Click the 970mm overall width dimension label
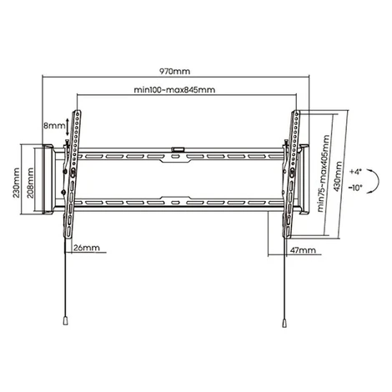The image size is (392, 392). (174, 71)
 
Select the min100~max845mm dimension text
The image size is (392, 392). (174, 90)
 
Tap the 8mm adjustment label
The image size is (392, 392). (54, 125)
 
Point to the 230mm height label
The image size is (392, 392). (16, 183)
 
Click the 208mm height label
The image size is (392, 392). (30, 183)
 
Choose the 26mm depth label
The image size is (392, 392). (87, 248)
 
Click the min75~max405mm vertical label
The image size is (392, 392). (324, 173)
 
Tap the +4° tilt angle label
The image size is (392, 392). (356, 172)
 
